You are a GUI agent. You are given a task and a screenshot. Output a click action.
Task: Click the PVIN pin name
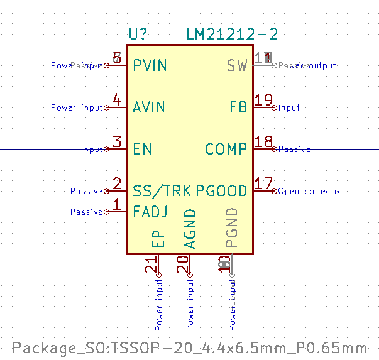[x=150, y=65]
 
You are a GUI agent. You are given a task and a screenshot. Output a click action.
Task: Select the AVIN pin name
[x=150, y=107]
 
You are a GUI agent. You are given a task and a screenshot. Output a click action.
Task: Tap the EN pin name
[x=143, y=149]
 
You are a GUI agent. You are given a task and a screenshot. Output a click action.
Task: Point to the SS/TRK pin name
[x=162, y=190]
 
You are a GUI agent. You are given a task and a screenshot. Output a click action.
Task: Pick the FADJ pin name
[x=150, y=212]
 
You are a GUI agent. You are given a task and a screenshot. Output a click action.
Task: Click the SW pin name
[x=237, y=65]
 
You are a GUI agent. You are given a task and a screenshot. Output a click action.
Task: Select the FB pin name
[x=238, y=107]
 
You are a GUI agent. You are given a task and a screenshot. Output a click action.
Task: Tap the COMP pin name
[x=226, y=149]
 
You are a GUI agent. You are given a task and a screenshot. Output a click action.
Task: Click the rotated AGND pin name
[x=190, y=229]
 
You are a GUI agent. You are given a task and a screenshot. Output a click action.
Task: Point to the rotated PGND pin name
[x=232, y=227]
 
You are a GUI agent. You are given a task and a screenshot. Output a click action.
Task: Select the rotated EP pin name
[x=158, y=239]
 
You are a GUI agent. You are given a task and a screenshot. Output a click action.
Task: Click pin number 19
[x=264, y=99]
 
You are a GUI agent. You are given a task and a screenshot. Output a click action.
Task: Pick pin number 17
[x=264, y=183]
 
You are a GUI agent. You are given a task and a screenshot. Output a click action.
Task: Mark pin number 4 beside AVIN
[x=117, y=99]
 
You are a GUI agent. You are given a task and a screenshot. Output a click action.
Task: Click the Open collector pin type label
[x=310, y=191]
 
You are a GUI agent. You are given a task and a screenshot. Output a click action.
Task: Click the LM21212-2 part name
[x=232, y=35]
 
